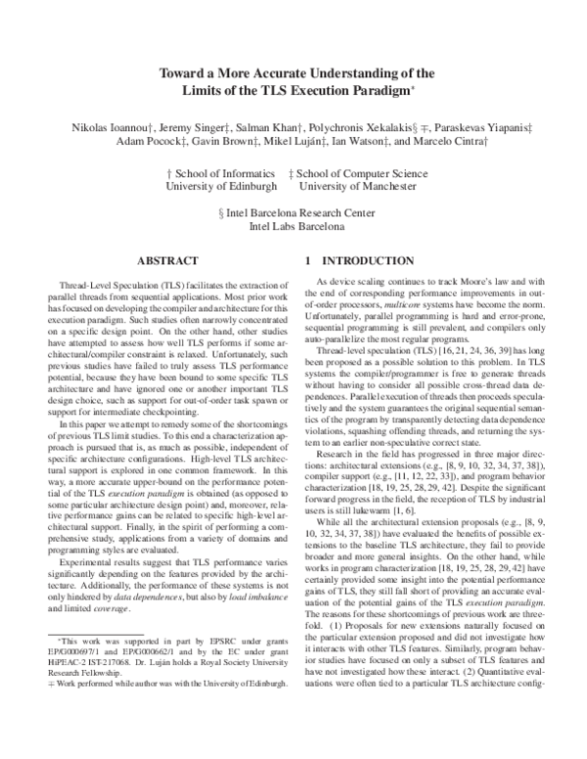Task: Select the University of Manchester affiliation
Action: pyautogui.click(x=360, y=186)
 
